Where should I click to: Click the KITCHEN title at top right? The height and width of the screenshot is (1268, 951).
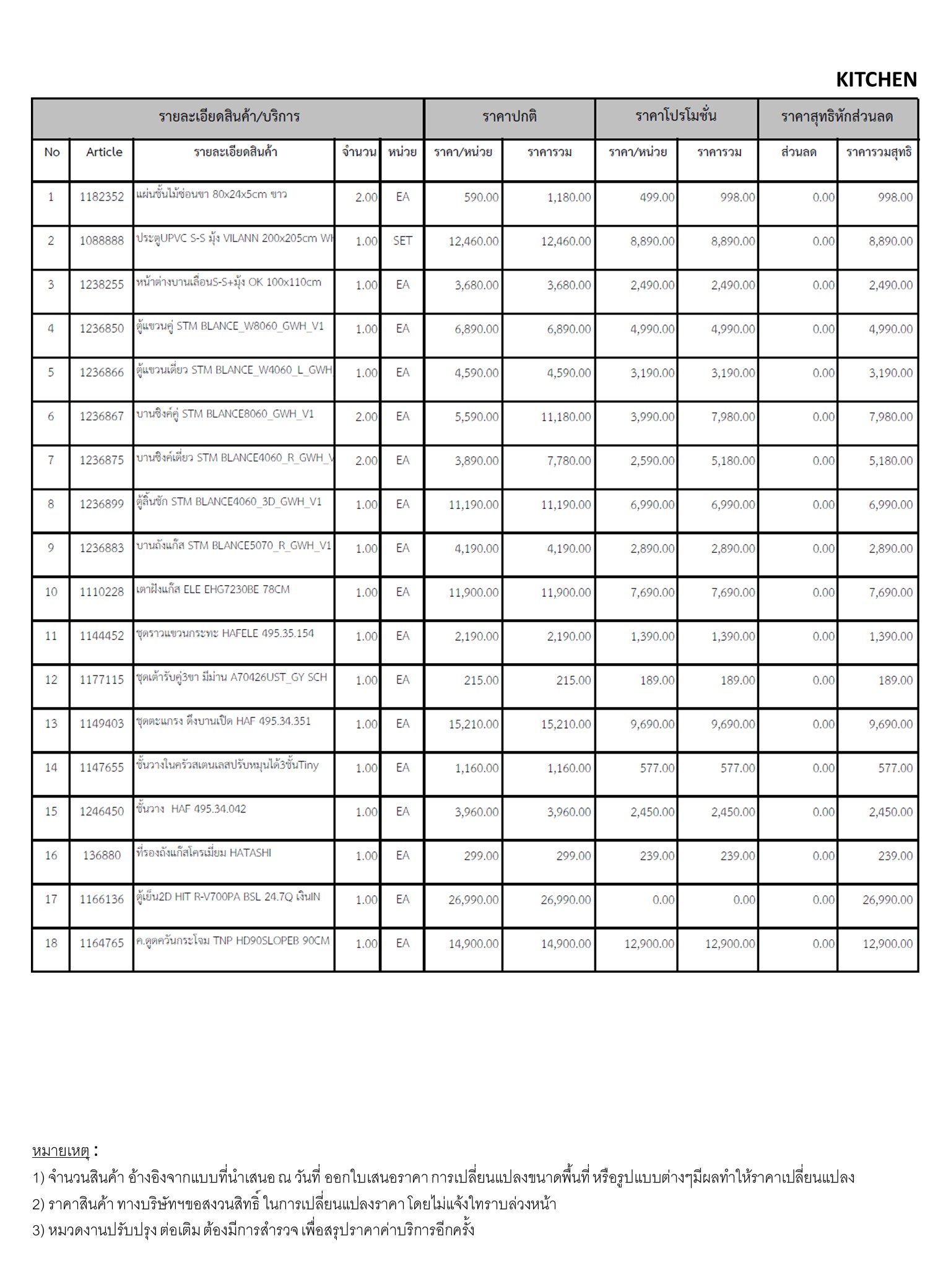point(875,80)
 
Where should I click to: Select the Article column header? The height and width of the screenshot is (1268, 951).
point(104,152)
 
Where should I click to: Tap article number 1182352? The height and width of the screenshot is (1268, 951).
point(102,198)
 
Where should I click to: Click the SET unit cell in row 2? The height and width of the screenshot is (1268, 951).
point(402,241)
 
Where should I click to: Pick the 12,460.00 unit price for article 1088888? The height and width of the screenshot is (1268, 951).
point(473,241)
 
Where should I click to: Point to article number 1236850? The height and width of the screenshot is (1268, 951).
point(102,329)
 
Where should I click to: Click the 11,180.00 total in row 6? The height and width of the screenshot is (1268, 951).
point(565,417)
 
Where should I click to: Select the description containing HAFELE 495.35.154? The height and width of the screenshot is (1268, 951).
point(225,633)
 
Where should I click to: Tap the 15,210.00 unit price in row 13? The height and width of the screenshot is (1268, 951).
point(473,724)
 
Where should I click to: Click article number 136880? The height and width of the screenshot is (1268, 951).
point(102,856)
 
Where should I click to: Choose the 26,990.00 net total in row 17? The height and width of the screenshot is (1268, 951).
point(887,900)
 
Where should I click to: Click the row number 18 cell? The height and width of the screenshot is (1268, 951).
point(51,944)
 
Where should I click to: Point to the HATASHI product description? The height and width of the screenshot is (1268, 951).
point(204,853)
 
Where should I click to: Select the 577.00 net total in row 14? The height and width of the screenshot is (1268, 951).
point(895,768)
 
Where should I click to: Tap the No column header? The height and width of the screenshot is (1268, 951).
point(51,152)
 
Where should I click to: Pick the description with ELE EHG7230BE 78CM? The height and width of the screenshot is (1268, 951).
point(213,589)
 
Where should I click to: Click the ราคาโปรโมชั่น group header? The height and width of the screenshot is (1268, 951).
point(675,116)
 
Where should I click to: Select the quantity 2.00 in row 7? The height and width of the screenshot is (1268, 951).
point(366,461)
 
